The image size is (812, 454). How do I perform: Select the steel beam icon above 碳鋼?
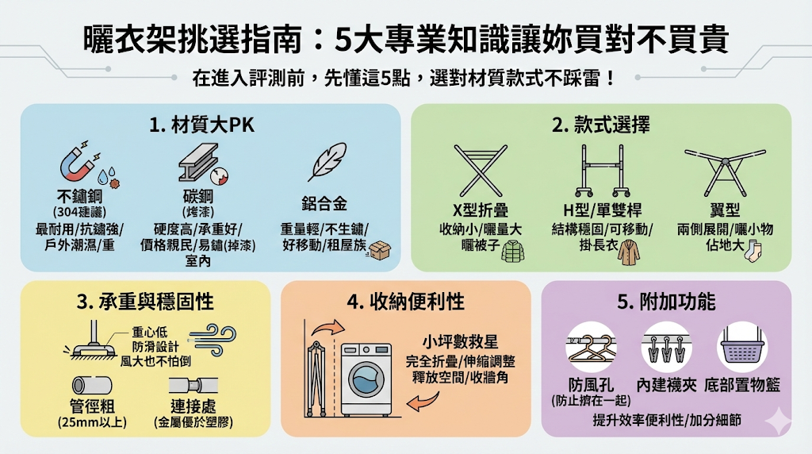[x=197, y=164]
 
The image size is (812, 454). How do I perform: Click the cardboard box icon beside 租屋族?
[x=380, y=251]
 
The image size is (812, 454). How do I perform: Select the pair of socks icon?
[x=753, y=252]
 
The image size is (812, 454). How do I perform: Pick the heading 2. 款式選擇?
[x=600, y=125]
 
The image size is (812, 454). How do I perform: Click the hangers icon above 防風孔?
[x=590, y=346]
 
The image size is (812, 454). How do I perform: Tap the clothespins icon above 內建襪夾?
[x=665, y=347]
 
